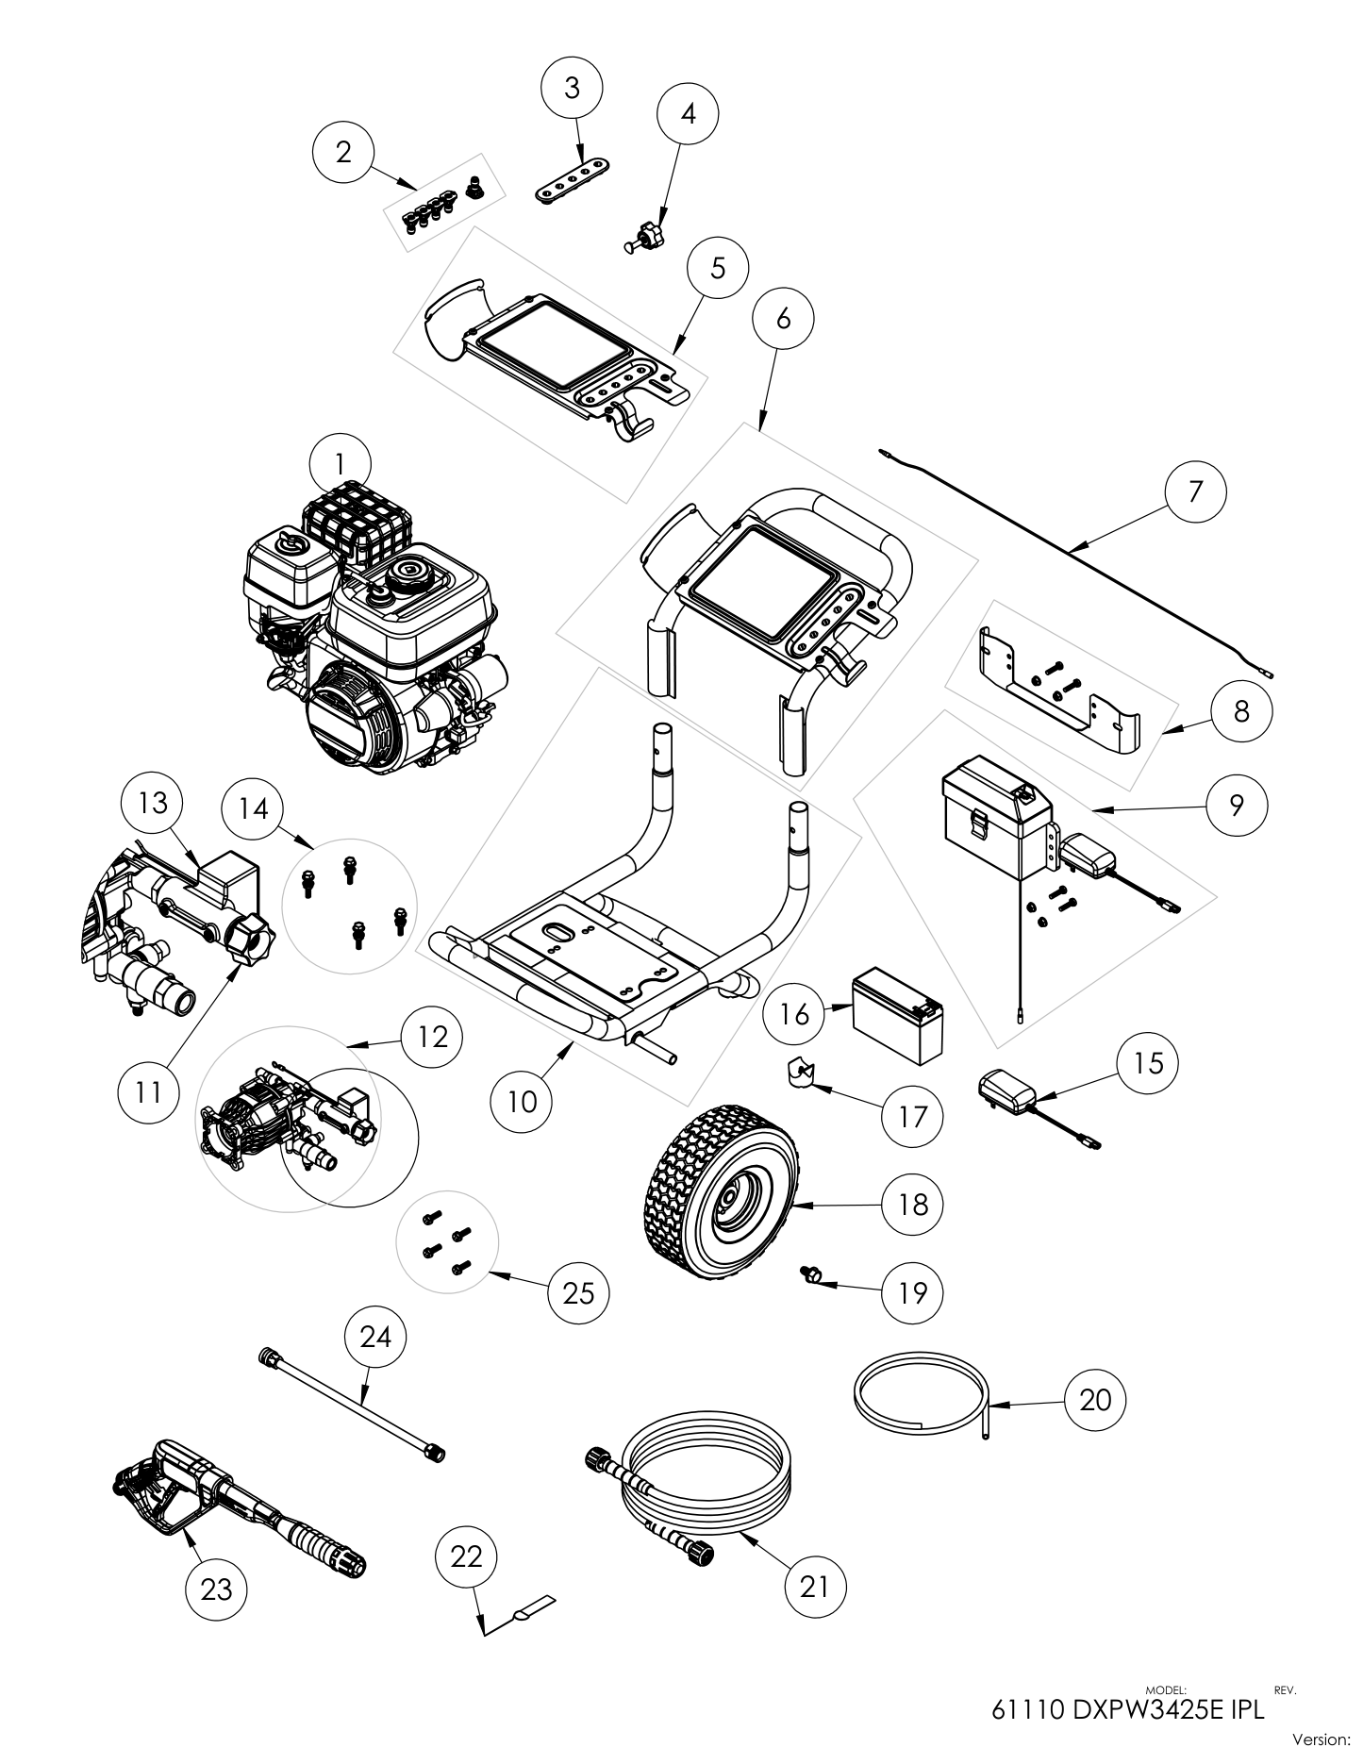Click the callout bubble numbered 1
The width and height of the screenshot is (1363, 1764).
tap(340, 462)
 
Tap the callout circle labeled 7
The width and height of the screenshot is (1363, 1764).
tap(1195, 491)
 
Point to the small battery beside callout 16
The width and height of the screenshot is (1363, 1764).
tap(898, 1019)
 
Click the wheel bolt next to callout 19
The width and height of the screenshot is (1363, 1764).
tap(812, 1275)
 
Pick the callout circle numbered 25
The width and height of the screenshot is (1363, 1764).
tap(578, 1291)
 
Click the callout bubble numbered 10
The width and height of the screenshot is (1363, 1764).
tap(522, 1101)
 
